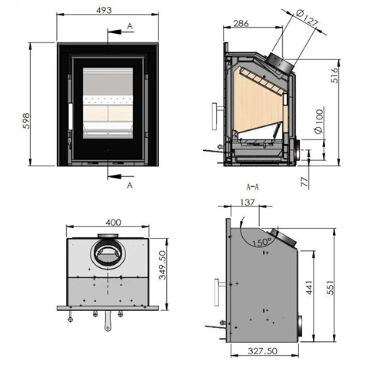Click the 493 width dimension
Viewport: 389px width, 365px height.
tap(104, 10)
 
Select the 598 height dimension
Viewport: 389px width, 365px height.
tap(26, 121)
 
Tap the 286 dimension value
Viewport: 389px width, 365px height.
tap(241, 24)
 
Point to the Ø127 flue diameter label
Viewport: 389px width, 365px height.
tap(307, 18)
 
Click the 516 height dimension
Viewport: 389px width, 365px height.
tap(334, 75)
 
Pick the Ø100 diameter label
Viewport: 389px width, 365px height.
tap(319, 122)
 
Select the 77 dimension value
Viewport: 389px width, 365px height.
tap(304, 182)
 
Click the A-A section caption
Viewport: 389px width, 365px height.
tap(252, 187)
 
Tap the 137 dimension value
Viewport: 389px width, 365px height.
tap(248, 203)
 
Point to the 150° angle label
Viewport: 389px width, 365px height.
tap(262, 242)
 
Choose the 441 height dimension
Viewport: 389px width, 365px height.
tap(309, 287)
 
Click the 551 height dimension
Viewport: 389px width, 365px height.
tap(331, 287)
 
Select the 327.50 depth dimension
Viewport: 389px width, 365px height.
tap(262, 351)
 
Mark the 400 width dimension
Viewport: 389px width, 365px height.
tap(113, 223)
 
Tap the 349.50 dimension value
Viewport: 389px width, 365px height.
tap(162, 265)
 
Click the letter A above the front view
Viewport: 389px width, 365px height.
tap(130, 26)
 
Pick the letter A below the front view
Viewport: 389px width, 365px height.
tap(130, 185)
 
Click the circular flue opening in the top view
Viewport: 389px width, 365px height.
tap(108, 254)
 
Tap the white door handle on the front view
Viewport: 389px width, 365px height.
tap(70, 116)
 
